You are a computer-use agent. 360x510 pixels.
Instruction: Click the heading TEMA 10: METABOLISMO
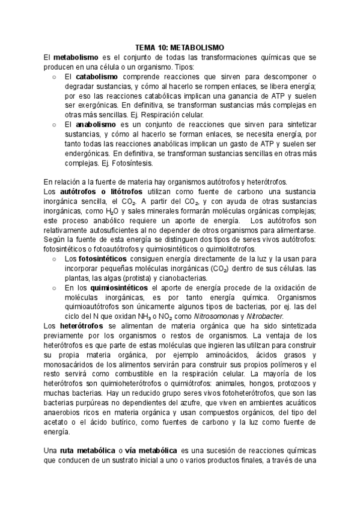[180, 46]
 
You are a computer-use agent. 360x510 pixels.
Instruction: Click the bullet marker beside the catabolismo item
[55, 77]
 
